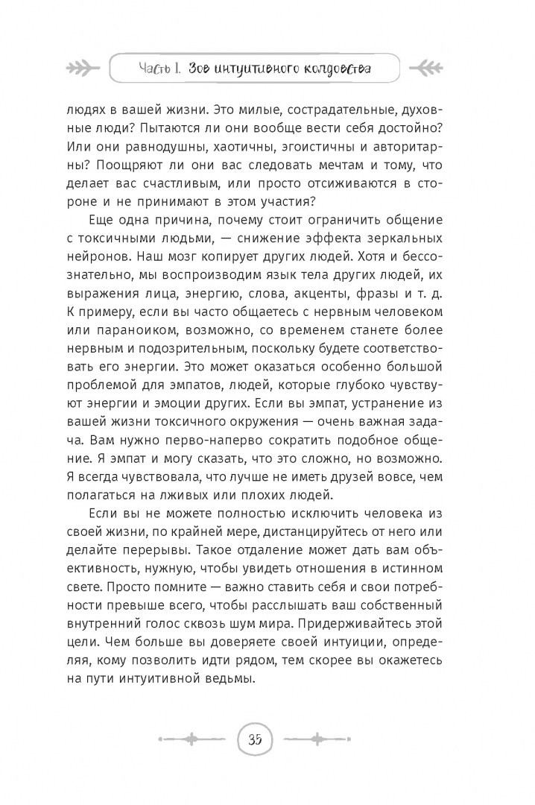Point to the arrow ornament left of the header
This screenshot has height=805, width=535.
pyautogui.click(x=83, y=69)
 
